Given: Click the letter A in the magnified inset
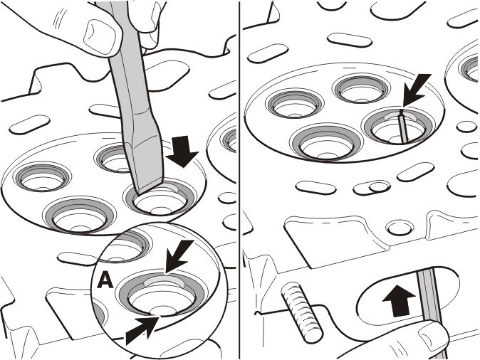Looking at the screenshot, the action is (x=105, y=280).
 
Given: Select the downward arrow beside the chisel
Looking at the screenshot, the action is (x=182, y=152).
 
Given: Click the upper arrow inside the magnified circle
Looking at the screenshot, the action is (x=179, y=256).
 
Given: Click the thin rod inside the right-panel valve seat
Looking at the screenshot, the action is (x=403, y=126).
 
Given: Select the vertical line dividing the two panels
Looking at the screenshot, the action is (x=239, y=180).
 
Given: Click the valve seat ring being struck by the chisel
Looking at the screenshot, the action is (x=160, y=198).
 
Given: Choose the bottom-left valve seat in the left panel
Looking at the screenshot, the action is (x=80, y=216).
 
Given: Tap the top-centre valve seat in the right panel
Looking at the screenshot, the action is (x=362, y=89).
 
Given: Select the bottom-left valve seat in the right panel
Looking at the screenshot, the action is (x=326, y=143).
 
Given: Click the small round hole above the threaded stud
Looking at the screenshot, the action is (x=400, y=228).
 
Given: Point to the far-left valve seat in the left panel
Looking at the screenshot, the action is (x=42, y=179).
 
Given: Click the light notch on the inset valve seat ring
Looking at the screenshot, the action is (x=165, y=282).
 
